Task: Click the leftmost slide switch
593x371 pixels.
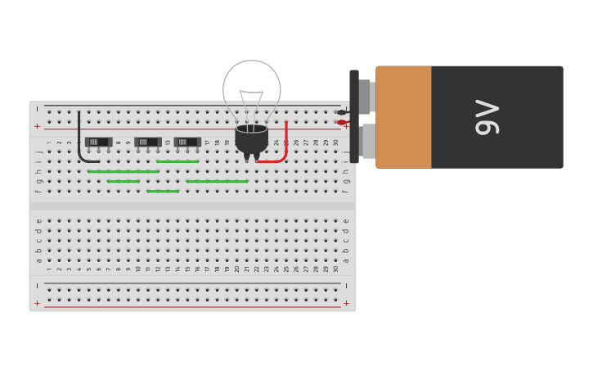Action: [x=98, y=142]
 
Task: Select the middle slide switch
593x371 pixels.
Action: [x=148, y=142]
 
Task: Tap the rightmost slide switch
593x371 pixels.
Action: [x=187, y=142]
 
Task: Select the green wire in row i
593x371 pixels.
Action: [x=177, y=161]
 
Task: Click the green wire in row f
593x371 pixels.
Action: [x=163, y=191]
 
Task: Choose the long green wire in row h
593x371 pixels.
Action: [x=124, y=171]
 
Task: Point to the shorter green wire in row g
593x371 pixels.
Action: [x=124, y=181]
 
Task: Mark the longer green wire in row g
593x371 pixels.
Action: [x=217, y=181]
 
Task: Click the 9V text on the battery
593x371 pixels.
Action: [x=487, y=117]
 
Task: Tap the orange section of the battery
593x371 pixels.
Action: [x=403, y=117]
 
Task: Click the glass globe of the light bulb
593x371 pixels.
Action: [x=252, y=86]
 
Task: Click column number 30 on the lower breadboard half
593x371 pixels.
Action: [x=335, y=269]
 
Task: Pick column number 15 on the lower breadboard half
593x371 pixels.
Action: [x=187, y=269]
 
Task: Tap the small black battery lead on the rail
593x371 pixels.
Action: [x=341, y=112]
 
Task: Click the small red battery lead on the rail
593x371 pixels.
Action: [x=341, y=122]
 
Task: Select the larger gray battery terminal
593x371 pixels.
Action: [x=368, y=141]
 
